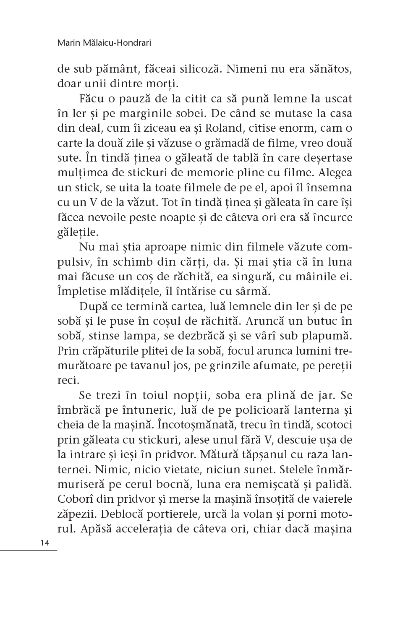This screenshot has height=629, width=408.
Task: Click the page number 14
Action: point(44,543)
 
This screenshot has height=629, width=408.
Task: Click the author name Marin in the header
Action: point(66,42)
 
